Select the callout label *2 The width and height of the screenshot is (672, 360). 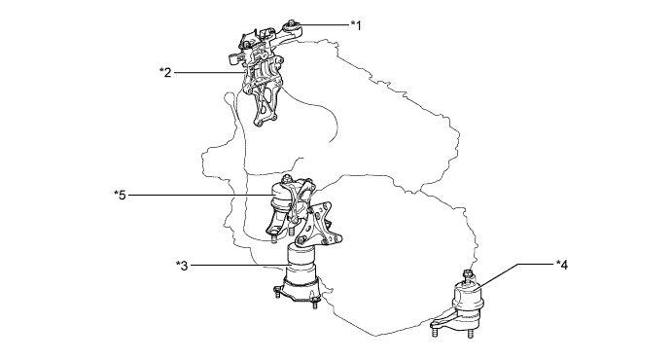tap(165, 72)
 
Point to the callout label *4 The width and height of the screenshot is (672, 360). tap(561, 264)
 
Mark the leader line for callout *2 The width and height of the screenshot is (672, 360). tap(204, 72)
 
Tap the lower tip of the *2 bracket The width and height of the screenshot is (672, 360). tap(260, 121)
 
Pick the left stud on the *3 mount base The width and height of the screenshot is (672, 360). tap(277, 296)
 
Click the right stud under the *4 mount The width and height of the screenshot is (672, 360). tap(467, 335)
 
